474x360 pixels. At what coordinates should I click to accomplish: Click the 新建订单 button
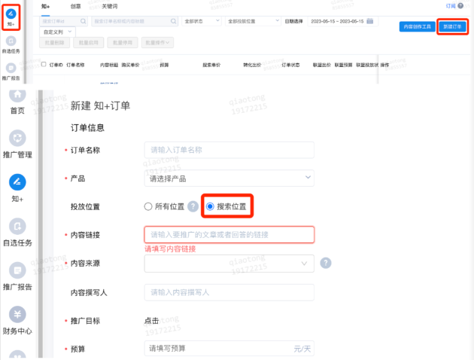(452, 27)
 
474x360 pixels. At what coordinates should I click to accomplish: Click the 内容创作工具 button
(416, 27)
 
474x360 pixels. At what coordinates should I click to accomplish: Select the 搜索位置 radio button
(211, 206)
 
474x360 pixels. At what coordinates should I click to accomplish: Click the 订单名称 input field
(229, 150)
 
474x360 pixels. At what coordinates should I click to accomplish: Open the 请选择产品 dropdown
(229, 178)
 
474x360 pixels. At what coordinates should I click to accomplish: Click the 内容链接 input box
(229, 235)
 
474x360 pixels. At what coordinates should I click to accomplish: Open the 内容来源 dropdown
(229, 263)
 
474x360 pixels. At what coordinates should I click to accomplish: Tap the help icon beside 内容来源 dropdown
(326, 263)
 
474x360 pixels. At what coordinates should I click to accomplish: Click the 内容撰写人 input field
(229, 291)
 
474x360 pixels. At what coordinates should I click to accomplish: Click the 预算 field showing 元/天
(229, 348)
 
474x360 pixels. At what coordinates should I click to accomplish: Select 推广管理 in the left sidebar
(17, 145)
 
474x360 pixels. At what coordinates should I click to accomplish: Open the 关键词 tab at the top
(110, 6)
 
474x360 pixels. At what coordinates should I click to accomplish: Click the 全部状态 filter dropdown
(202, 22)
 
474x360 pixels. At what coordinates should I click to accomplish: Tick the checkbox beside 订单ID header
(44, 65)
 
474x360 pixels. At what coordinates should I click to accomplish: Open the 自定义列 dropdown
(58, 32)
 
